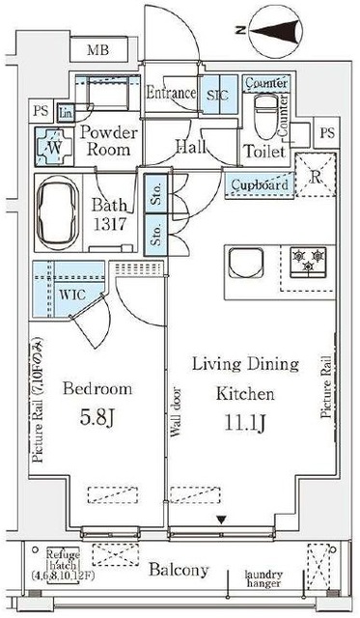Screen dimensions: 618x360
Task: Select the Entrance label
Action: click(172, 94)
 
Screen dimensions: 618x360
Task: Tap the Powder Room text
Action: click(108, 142)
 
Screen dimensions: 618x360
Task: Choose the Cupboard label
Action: click(260, 184)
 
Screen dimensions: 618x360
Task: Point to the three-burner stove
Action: click(308, 260)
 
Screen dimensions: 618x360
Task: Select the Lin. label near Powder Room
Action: click(64, 113)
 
